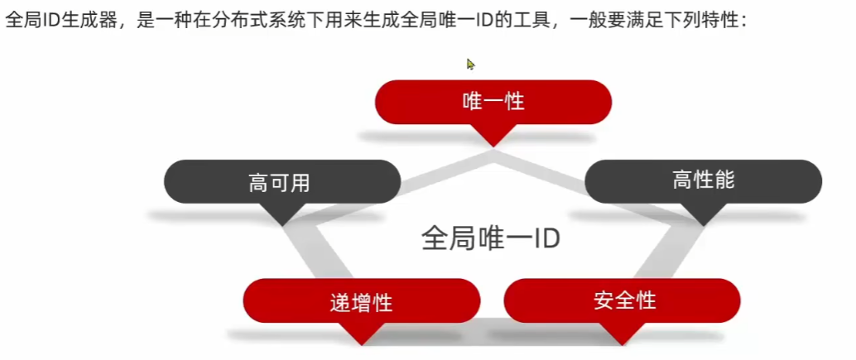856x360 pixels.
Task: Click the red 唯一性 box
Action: (493, 102)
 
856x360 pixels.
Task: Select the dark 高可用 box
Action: (281, 182)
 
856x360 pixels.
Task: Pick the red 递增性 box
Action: (361, 301)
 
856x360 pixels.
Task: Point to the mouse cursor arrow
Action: (470, 64)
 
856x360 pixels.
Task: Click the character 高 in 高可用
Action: (258, 183)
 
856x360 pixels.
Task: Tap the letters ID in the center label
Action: (545, 239)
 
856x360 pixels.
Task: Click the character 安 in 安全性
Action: (603, 300)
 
